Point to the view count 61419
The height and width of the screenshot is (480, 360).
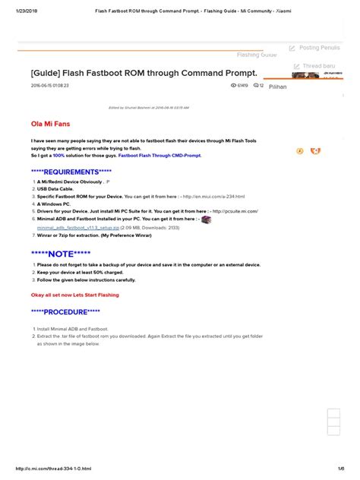click(243, 86)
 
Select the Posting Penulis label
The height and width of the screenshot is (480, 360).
click(319, 48)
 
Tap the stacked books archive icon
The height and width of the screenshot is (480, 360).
click(207, 218)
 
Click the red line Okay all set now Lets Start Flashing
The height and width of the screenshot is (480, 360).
click(74, 295)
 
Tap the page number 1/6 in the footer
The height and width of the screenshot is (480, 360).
click(341, 468)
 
